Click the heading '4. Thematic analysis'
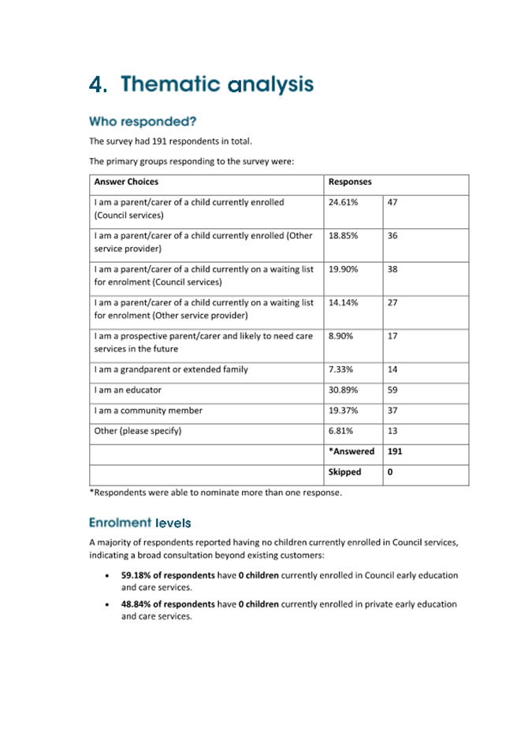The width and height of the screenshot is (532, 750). [201, 85]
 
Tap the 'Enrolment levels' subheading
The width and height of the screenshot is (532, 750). [140, 523]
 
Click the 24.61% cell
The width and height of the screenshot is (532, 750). [343, 202]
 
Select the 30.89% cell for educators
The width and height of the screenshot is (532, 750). [343, 390]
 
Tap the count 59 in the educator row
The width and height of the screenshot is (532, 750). [392, 390]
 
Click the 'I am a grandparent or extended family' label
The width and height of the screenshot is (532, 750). [171, 369]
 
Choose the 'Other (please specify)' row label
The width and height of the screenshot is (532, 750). [138, 430]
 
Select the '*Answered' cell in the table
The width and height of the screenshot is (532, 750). [351, 452]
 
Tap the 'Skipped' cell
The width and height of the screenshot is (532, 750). [344, 472]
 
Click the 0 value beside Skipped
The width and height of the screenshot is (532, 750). [390, 472]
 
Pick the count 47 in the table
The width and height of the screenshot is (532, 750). [392, 202]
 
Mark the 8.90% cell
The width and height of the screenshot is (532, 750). [340, 336]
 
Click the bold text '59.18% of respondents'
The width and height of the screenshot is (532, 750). [168, 575]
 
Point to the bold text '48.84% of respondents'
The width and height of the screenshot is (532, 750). [168, 604]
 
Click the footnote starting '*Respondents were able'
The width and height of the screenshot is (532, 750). [215, 493]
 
